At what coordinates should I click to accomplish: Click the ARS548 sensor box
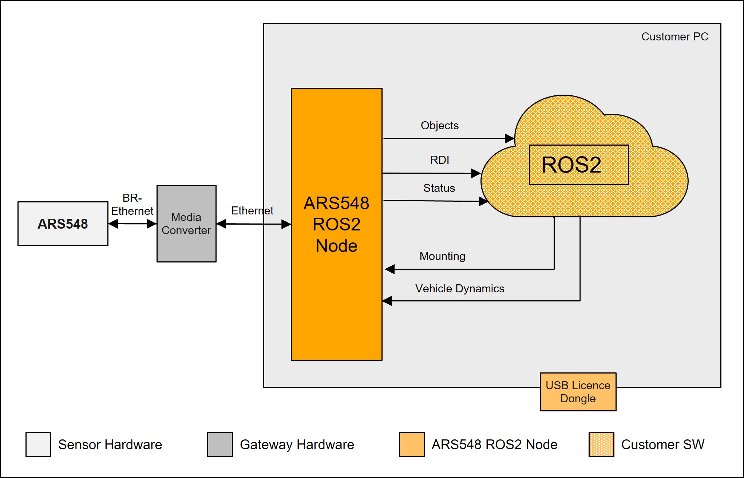click(63, 224)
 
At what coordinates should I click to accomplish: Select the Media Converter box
click(186, 224)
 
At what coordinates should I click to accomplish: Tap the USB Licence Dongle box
click(578, 392)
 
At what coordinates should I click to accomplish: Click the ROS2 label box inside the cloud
click(578, 165)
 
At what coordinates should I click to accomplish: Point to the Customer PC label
click(674, 37)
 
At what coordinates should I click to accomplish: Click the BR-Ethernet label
click(132, 205)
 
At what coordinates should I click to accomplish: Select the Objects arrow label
click(439, 126)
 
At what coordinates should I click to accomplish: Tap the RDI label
click(439, 160)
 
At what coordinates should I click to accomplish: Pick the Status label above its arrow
click(439, 188)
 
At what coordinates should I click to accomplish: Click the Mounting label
click(442, 256)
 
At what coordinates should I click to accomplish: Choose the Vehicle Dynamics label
click(459, 289)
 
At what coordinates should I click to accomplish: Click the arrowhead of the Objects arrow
click(509, 138)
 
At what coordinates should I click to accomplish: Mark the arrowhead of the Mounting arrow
click(390, 269)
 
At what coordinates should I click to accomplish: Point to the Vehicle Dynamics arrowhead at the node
click(387, 301)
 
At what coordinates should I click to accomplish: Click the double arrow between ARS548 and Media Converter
click(132, 224)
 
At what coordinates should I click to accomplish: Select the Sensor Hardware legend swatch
click(38, 444)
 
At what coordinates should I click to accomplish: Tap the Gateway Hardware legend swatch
click(220, 444)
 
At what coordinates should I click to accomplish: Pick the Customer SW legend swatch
click(601, 444)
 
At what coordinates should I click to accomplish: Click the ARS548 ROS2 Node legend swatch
click(412, 444)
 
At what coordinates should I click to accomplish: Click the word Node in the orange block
click(336, 246)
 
